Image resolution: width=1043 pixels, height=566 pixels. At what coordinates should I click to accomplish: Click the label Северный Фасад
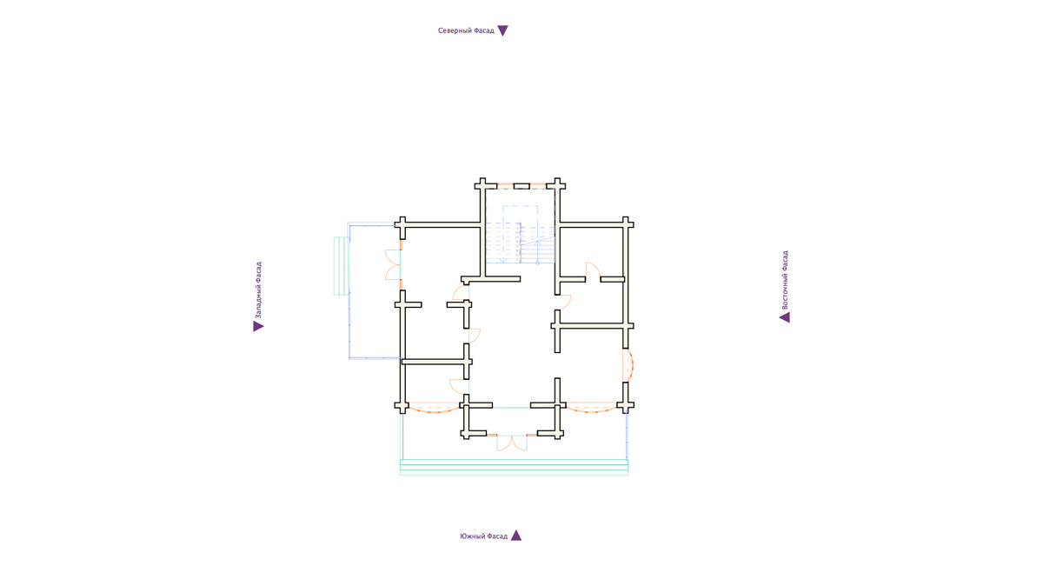pyautogui.click(x=466, y=30)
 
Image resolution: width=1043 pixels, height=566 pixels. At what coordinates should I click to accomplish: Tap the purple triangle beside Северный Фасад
pyautogui.click(x=502, y=30)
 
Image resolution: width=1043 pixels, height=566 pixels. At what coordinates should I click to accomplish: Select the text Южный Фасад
pyautogui.click(x=483, y=536)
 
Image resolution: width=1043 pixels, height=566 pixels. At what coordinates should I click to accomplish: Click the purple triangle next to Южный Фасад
pyautogui.click(x=515, y=536)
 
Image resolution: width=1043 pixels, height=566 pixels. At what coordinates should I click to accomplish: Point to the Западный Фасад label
pyautogui.click(x=258, y=290)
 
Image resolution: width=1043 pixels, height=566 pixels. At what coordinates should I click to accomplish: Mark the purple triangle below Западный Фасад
pyautogui.click(x=258, y=327)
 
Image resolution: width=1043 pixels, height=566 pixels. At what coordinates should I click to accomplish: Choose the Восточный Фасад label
pyautogui.click(x=785, y=280)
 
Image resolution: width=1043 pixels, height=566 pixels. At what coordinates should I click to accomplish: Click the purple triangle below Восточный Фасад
pyautogui.click(x=785, y=317)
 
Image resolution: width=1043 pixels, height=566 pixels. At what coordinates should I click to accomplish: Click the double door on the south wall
pyautogui.click(x=512, y=442)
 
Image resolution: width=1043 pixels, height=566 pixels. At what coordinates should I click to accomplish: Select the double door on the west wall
pyautogui.click(x=394, y=265)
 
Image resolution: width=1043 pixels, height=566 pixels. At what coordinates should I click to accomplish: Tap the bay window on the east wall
pyautogui.click(x=628, y=365)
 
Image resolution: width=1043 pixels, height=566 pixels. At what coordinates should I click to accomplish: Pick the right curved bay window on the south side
pyautogui.click(x=592, y=407)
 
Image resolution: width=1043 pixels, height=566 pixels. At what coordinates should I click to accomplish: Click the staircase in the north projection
pyautogui.click(x=520, y=235)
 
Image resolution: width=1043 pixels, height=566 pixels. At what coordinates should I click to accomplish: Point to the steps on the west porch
pyautogui.click(x=341, y=265)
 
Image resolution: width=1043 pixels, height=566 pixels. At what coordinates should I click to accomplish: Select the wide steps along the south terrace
pyautogui.click(x=514, y=467)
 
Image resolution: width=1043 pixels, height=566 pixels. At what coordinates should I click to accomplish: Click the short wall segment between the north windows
pyautogui.click(x=521, y=185)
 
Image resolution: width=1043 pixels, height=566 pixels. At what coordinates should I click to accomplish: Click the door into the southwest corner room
pyautogui.click(x=457, y=385)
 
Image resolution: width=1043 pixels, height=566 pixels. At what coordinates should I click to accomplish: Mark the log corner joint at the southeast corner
pyautogui.click(x=626, y=405)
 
